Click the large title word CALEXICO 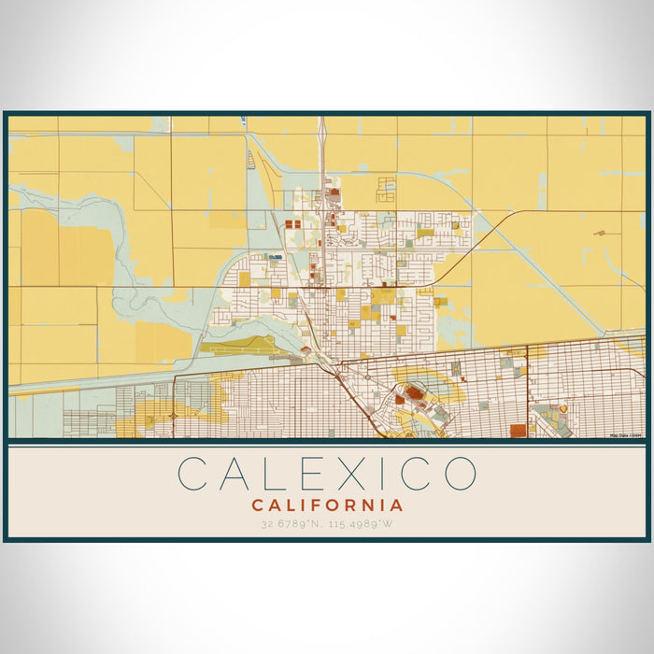(327, 473)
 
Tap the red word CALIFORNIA (327, 505)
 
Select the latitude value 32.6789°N (291, 523)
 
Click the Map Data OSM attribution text (626, 435)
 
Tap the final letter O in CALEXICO (460, 473)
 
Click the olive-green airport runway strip (238, 349)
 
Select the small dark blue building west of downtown (275, 255)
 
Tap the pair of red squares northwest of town (292, 224)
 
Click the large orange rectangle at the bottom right (518, 430)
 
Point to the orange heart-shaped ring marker (562, 408)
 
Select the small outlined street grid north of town (385, 190)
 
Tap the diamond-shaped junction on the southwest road (175, 415)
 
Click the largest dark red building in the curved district (414, 393)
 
